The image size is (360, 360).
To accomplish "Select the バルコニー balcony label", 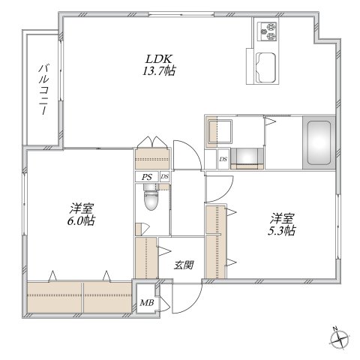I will pyautogui.click(x=43, y=88).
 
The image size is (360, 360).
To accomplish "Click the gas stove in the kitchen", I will pyautogui.click(x=269, y=32).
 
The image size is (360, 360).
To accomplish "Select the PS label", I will pyautogui.click(x=147, y=177).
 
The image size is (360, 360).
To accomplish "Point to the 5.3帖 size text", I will pyautogui.click(x=283, y=230).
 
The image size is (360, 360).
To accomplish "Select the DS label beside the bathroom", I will pyautogui.click(x=223, y=158).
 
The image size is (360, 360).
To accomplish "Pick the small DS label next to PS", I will pyautogui.click(x=163, y=177).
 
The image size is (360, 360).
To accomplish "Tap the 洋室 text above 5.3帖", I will pyautogui.click(x=283, y=217).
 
